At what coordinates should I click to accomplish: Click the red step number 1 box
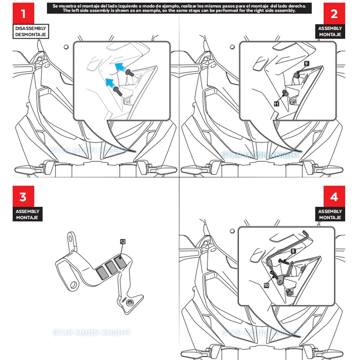pos(23,14)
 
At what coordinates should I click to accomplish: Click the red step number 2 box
pos(334,14)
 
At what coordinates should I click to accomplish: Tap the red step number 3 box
pos(23,197)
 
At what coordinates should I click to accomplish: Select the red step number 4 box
pos(334,197)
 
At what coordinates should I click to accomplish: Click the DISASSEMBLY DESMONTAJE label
pos(31,32)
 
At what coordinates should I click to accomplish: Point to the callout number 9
pos(306,63)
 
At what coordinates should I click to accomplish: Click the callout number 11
pos(276,104)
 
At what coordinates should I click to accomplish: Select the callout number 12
pos(123,242)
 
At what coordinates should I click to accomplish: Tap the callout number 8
pos(293,251)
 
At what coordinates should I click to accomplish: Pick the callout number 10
pos(266,285)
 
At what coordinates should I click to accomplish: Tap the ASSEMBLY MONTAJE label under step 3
pos(27,215)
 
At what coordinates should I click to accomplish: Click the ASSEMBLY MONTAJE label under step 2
pos(330,32)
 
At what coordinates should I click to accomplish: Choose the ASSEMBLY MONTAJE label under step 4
pos(330,215)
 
